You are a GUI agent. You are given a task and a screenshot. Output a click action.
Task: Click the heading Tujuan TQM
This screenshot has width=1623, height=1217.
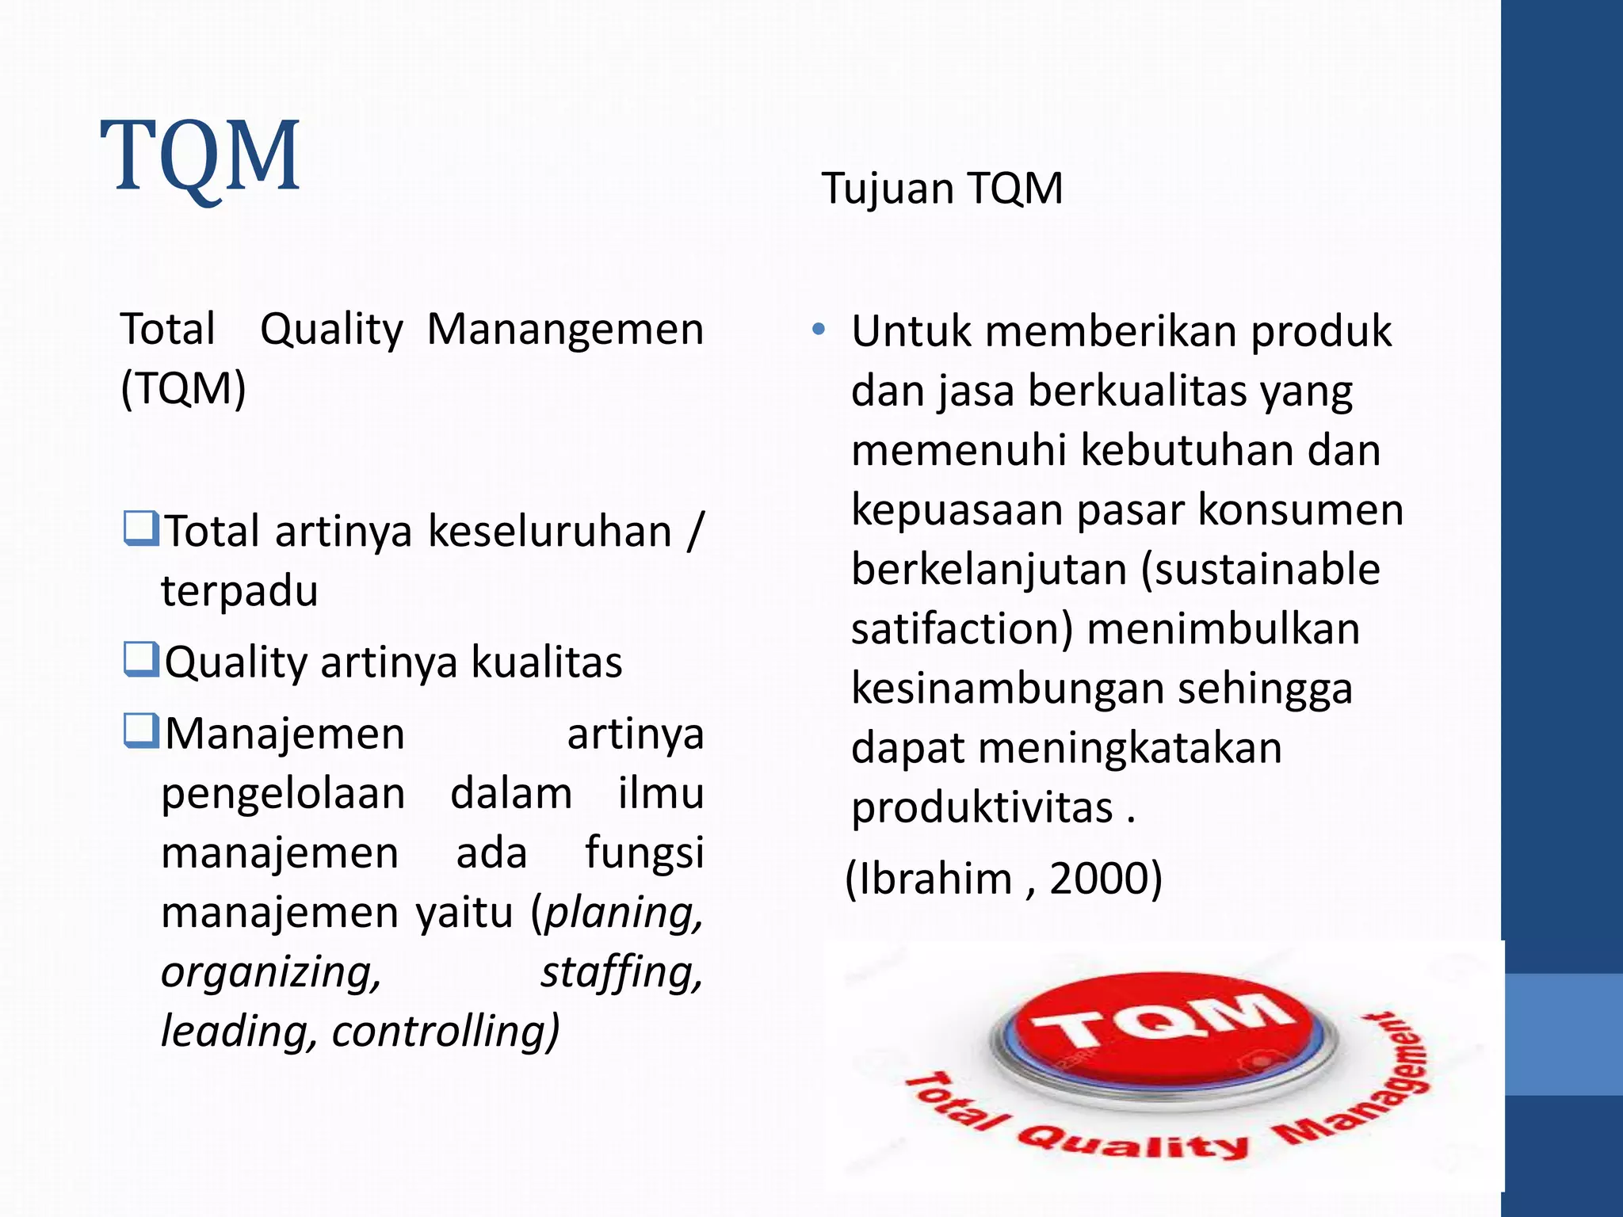941,189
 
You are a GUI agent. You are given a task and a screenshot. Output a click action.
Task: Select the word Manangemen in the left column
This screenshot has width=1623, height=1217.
565,330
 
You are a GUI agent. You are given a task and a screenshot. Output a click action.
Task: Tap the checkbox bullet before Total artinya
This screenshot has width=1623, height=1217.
141,528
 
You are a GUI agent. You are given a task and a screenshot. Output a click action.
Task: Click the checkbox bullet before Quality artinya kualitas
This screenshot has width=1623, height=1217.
141,659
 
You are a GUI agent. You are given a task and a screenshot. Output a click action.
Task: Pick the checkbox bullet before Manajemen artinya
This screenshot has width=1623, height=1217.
141,731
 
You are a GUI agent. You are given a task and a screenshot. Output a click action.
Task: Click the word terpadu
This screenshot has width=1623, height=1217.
239,591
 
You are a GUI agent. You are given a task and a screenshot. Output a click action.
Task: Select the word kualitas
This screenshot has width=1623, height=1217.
547,662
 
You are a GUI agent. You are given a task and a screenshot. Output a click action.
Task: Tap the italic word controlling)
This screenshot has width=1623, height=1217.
445,1032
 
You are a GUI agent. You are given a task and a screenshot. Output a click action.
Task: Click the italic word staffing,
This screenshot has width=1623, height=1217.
621,973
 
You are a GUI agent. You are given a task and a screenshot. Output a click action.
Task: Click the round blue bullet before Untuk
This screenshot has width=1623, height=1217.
819,329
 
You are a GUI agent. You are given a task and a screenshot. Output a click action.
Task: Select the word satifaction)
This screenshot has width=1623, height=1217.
961,630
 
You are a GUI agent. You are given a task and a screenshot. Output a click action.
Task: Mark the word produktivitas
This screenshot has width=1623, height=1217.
982,808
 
